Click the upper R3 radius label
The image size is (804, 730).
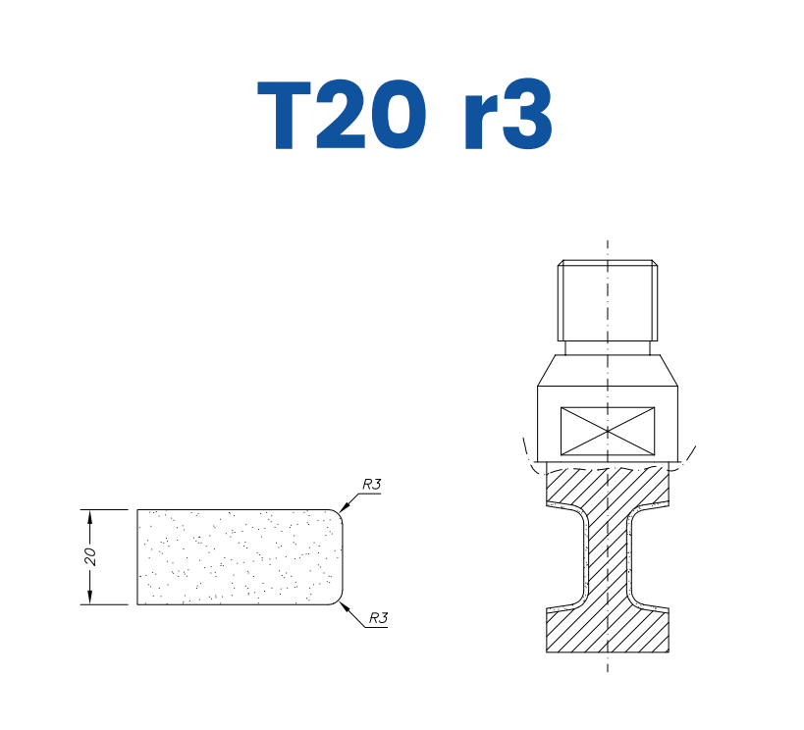[372, 484]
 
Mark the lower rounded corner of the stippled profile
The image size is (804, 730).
[341, 598]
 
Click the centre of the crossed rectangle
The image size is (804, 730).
[607, 430]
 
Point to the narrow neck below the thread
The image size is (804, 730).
[607, 347]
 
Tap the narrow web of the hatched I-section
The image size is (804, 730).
[607, 559]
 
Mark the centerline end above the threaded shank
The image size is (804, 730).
[607, 242]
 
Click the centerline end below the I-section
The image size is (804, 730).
[607, 669]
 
